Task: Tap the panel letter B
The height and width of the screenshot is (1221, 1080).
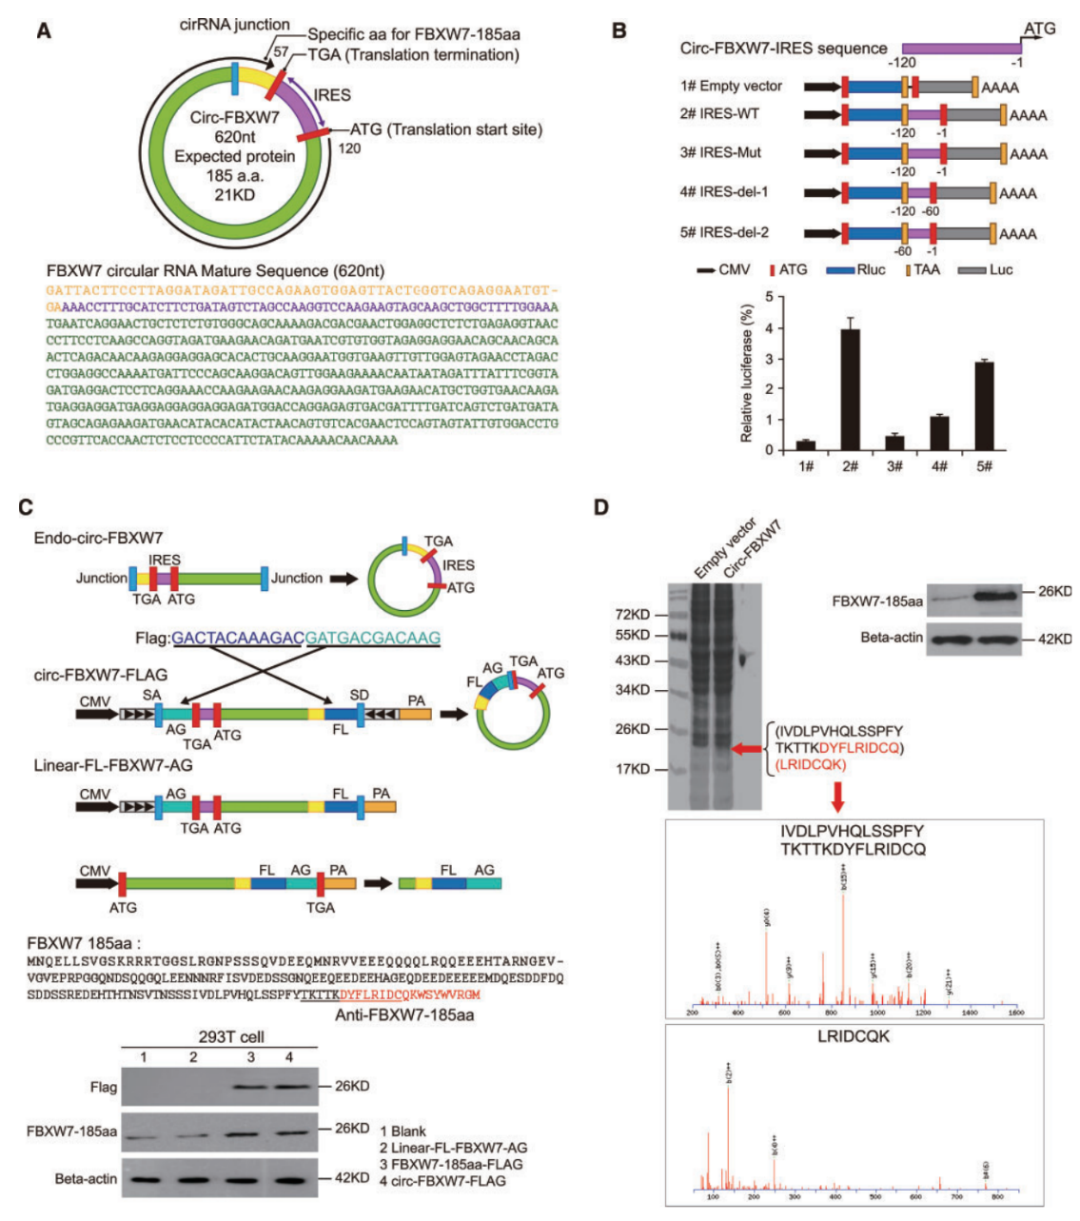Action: (619, 30)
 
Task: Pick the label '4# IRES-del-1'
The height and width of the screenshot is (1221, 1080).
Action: (724, 192)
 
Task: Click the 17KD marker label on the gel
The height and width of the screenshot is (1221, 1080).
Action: (632, 769)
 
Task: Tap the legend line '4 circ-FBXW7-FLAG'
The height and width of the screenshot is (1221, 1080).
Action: (448, 1181)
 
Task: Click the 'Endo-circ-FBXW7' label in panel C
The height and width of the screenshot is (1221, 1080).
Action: (89, 538)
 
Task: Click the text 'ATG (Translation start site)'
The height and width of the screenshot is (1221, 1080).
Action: (446, 129)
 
